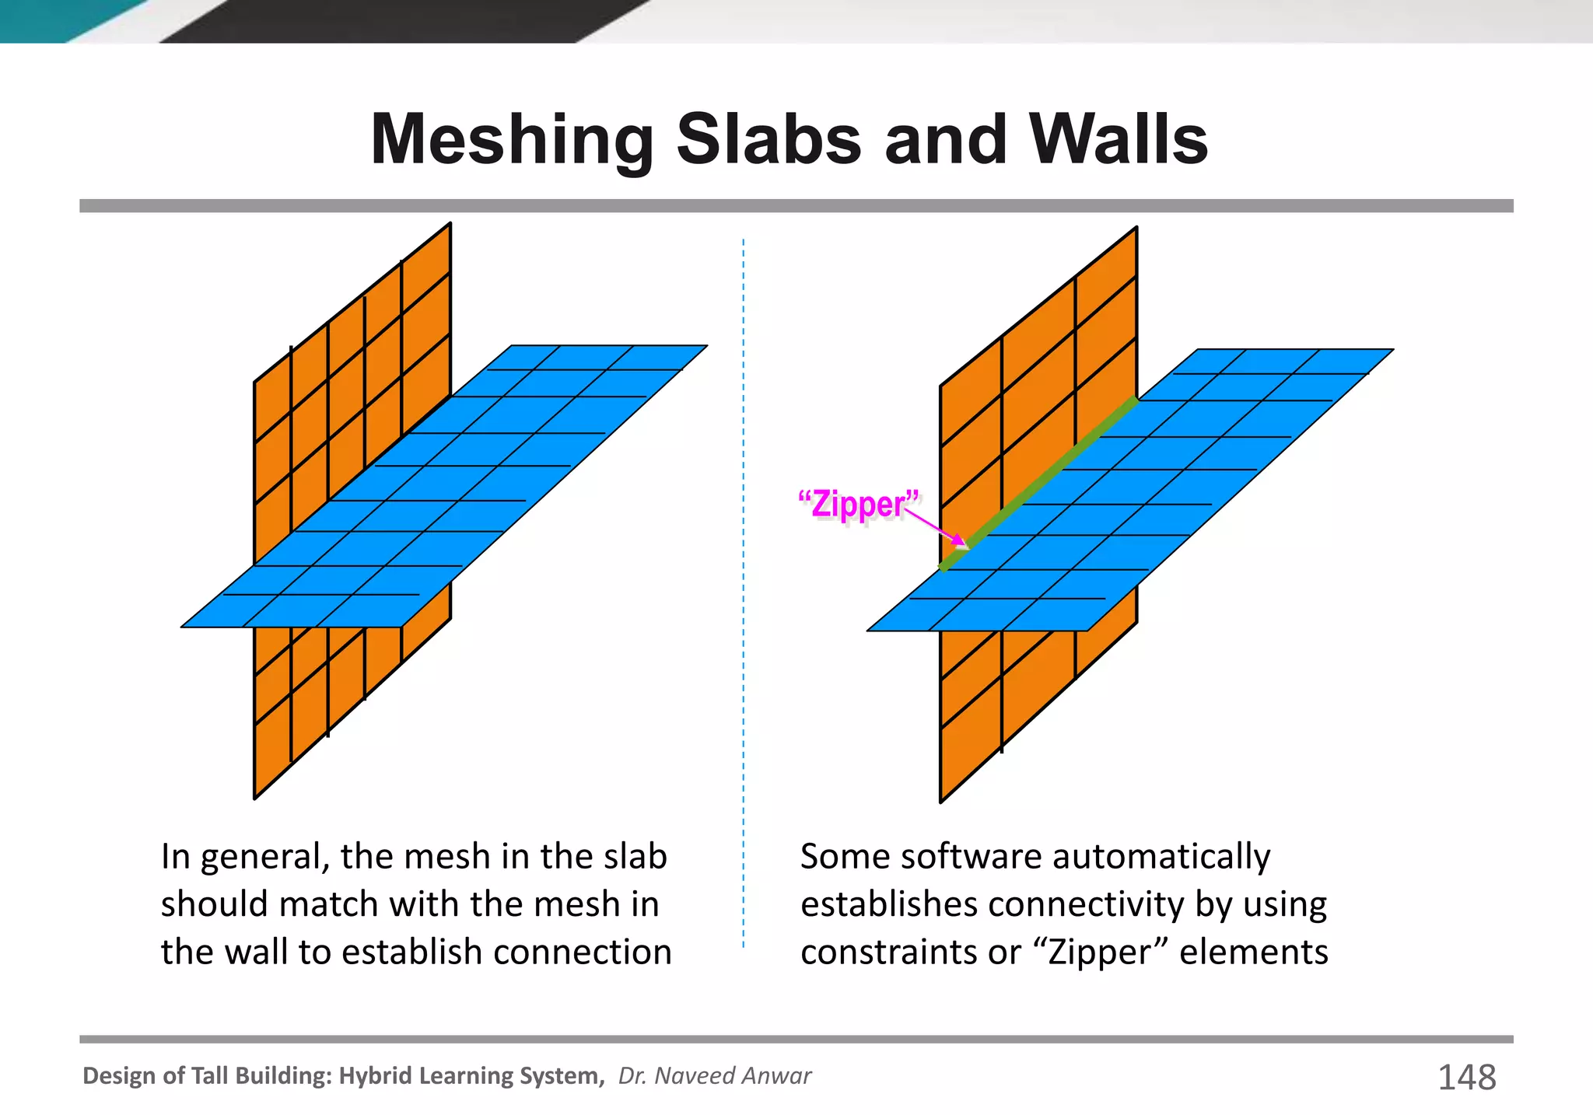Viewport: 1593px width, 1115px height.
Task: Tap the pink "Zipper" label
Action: (x=859, y=505)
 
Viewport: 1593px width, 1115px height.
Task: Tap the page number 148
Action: (x=1466, y=1078)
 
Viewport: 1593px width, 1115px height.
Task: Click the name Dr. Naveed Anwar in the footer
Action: (x=714, y=1076)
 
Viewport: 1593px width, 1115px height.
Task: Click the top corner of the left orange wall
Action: (x=450, y=225)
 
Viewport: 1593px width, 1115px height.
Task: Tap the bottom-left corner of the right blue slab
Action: (x=869, y=630)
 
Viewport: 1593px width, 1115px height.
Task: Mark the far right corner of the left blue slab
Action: (x=705, y=346)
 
